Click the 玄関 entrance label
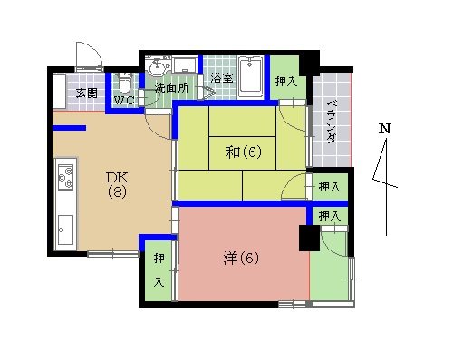(x=87, y=93)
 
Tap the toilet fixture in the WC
(x=125, y=83)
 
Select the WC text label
(x=124, y=101)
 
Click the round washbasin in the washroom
(x=156, y=65)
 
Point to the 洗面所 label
(x=172, y=88)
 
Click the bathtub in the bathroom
(x=250, y=78)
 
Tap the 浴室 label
(x=222, y=78)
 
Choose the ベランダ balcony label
(x=332, y=121)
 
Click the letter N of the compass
(x=385, y=128)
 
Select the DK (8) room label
(x=118, y=184)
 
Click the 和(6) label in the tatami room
(x=244, y=152)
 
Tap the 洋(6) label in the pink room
(x=242, y=259)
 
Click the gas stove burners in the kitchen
(x=65, y=177)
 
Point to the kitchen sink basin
(x=65, y=230)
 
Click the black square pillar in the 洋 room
(x=309, y=238)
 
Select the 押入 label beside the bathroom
(x=286, y=81)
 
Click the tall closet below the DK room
(x=159, y=270)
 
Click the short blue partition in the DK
(x=70, y=128)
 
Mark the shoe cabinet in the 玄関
(x=59, y=92)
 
